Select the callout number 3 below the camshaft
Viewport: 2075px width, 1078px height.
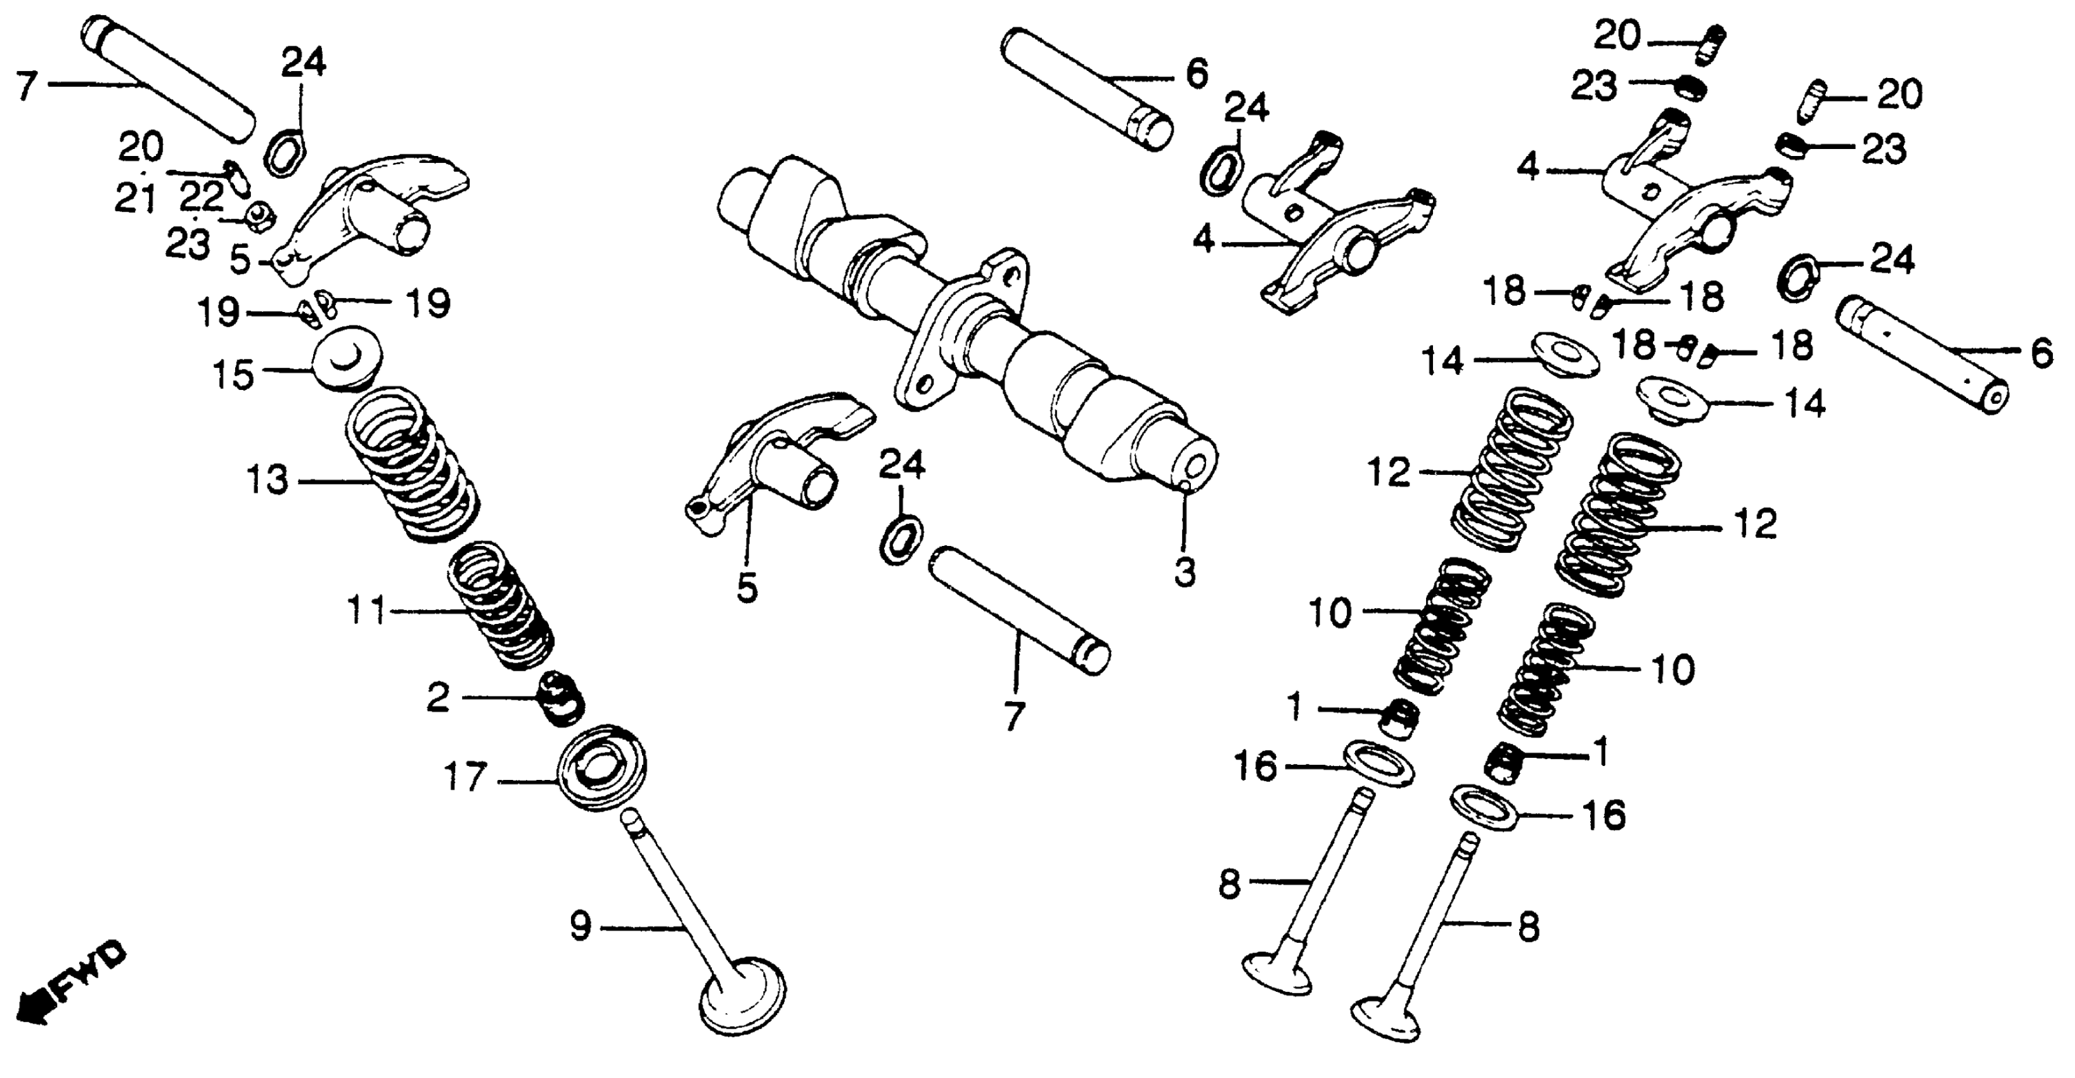1184,573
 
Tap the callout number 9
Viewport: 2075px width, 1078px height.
581,926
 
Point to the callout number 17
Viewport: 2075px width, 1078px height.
466,777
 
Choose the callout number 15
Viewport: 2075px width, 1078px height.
234,375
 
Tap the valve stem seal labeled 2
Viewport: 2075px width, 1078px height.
561,697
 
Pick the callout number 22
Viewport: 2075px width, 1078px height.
200,197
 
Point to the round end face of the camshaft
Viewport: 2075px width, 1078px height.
1195,467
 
